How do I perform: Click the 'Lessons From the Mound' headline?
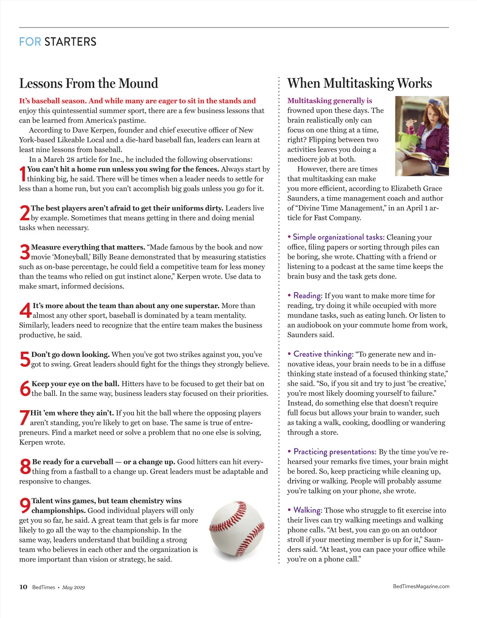89,84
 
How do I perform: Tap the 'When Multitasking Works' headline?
359,83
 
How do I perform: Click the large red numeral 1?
23,174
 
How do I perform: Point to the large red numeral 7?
24,417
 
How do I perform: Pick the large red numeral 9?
25,506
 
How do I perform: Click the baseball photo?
237,530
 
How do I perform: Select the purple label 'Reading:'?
308,296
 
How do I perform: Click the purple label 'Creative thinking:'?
323,354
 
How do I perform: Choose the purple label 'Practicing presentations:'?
335,452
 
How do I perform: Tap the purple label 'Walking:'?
308,510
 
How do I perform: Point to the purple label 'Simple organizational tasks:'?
338,237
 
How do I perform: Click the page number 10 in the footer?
23,587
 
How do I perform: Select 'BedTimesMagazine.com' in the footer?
421,586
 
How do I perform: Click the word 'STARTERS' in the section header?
70,42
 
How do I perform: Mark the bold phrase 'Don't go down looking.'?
70,355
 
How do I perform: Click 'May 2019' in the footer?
74,587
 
